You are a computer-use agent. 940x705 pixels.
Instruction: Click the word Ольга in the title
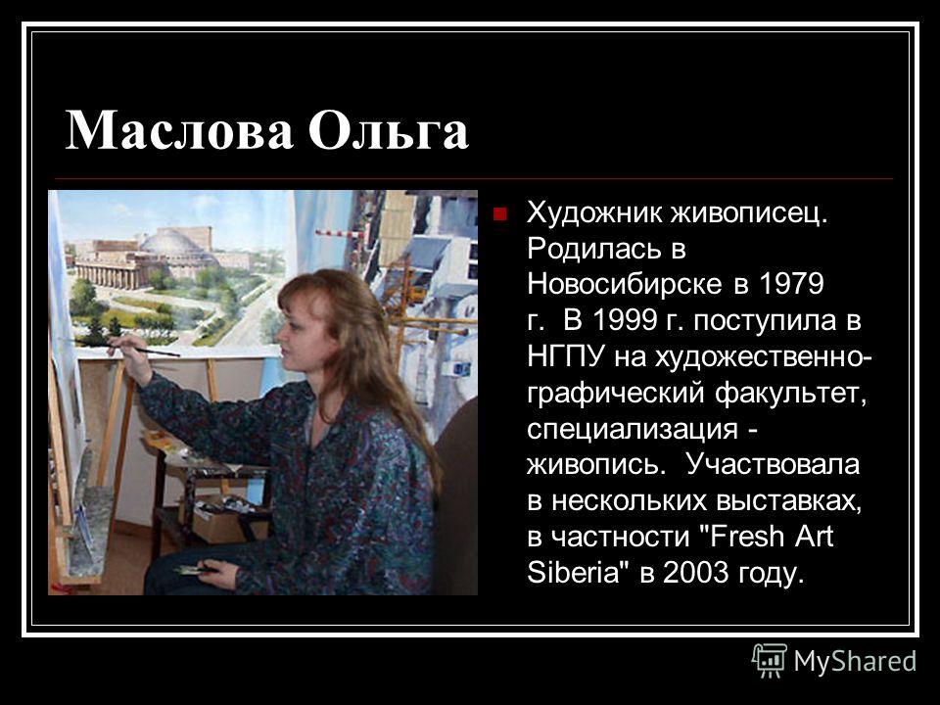pos(388,130)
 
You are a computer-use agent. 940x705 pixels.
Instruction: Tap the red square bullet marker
pos(499,214)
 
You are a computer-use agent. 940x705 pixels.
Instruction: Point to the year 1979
pos(791,284)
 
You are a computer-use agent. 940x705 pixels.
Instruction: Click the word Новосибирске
pos(624,284)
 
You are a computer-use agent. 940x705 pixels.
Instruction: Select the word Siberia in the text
pos(573,572)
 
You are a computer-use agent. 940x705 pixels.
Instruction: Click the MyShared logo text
pos(855,661)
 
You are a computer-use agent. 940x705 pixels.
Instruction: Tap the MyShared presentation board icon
pos(770,660)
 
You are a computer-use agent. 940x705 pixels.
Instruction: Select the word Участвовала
pos(773,464)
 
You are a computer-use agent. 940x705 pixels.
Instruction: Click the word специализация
pos(633,429)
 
